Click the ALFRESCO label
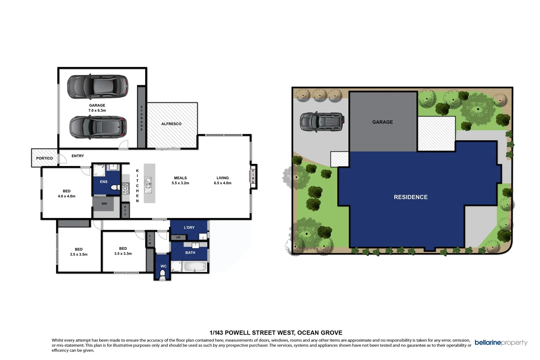click(x=171, y=124)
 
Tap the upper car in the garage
click(x=98, y=86)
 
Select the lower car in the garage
click(x=98, y=127)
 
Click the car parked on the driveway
click(x=322, y=121)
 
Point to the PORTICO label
click(x=45, y=158)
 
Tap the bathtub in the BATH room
click(x=194, y=267)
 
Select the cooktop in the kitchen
click(x=126, y=188)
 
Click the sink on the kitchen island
click(x=148, y=183)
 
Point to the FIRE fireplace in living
click(x=253, y=176)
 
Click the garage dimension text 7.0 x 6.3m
click(x=97, y=110)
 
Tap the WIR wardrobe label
click(x=104, y=204)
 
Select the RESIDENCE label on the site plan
click(x=410, y=197)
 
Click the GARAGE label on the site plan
click(x=382, y=122)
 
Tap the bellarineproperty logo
click(x=501, y=343)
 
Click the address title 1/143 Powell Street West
click(x=276, y=333)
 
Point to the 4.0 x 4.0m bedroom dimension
click(x=66, y=196)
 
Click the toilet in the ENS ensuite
click(x=114, y=187)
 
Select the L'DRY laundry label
click(x=189, y=227)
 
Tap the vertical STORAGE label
click(x=141, y=118)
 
